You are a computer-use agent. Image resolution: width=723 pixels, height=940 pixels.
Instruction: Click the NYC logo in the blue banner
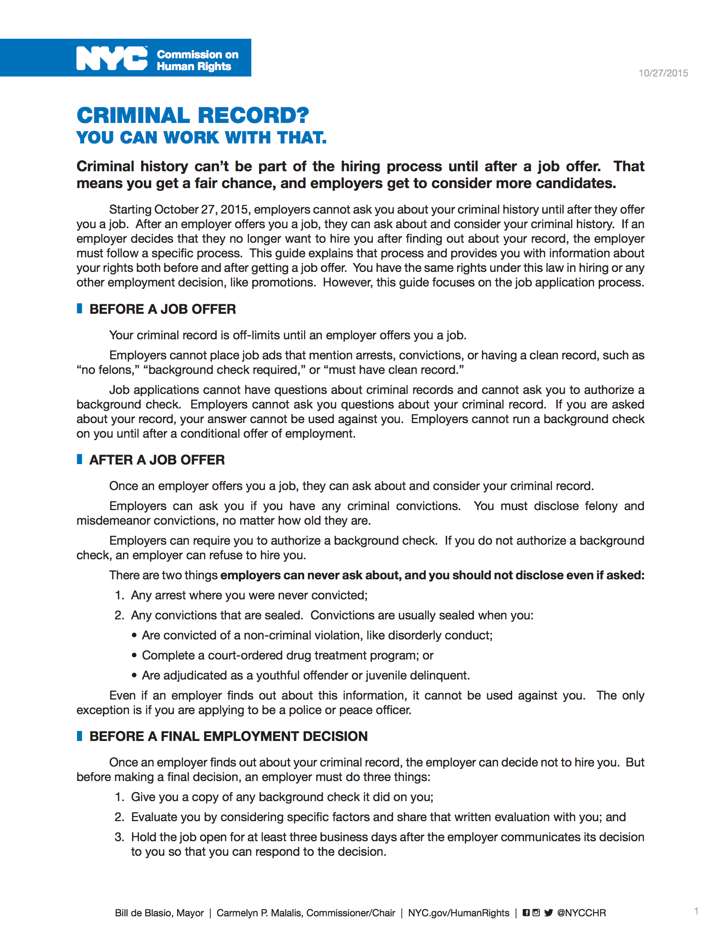112,58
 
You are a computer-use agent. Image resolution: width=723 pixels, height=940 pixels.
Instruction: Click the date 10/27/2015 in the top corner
663,73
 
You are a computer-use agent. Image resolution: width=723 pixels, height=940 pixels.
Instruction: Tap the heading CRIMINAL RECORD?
193,115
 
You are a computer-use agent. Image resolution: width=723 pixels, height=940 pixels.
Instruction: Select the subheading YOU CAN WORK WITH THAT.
201,138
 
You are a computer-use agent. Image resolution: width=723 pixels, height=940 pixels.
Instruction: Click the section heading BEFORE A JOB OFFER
163,309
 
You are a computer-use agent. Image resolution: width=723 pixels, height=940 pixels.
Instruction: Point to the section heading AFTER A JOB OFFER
157,460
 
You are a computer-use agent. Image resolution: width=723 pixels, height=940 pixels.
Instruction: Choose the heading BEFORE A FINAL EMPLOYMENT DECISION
228,736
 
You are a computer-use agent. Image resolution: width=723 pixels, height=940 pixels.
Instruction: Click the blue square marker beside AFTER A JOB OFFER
80,459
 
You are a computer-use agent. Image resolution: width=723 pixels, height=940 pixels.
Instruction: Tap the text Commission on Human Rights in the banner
197,61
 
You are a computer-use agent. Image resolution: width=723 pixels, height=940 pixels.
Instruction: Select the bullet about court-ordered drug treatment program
287,655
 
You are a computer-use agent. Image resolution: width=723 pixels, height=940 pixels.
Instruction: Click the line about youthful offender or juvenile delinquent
305,675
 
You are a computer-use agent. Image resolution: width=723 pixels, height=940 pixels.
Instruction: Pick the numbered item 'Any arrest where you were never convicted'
249,595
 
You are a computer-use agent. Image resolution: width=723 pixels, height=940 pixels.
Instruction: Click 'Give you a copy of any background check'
282,797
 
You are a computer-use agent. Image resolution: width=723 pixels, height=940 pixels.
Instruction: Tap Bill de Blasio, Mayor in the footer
159,913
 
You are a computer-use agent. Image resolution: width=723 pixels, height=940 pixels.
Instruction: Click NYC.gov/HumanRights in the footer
458,913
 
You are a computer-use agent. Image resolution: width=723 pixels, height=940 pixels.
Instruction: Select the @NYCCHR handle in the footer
581,913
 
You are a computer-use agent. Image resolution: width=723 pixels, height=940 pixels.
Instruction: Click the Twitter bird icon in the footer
548,913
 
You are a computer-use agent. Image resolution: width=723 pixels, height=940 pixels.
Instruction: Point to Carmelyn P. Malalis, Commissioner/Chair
305,913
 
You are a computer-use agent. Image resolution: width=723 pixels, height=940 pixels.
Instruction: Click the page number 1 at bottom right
696,911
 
